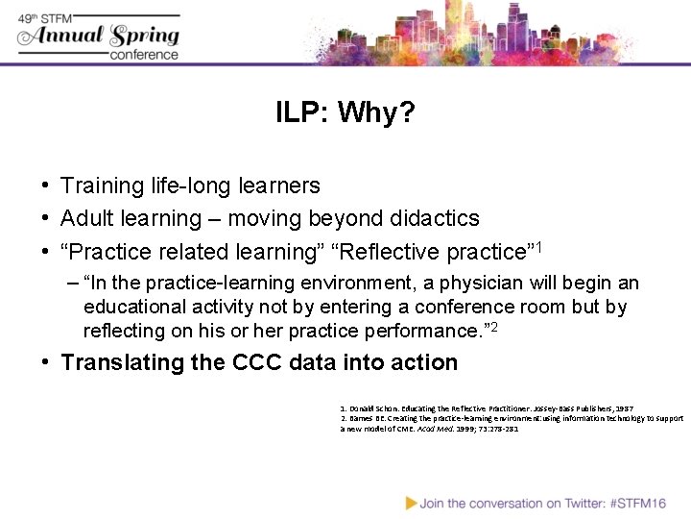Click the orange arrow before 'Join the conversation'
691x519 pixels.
[411, 502]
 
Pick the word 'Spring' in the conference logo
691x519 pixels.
[144, 37]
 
